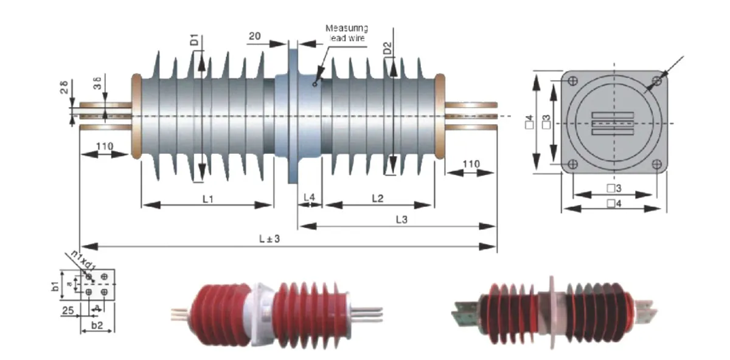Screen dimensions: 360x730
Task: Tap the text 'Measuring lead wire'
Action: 346,33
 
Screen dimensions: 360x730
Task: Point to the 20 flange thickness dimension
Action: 255,36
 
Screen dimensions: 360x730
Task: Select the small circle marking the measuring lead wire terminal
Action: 315,84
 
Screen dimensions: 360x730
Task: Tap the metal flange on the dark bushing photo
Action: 552,310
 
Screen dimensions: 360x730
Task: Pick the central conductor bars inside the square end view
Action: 613,122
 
